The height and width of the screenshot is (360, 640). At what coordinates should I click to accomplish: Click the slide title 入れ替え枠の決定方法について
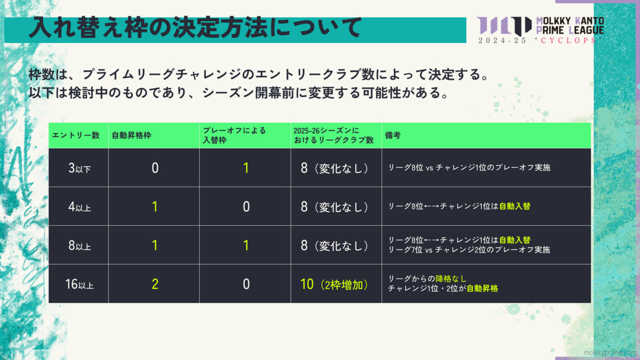tap(195, 28)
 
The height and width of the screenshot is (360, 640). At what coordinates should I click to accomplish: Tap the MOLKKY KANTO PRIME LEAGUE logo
tap(540, 30)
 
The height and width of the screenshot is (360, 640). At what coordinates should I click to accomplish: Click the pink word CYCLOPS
tap(569, 41)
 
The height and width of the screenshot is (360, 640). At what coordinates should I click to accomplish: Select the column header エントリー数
tap(76, 135)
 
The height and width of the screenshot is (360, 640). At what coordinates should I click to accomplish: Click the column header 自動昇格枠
tap(131, 135)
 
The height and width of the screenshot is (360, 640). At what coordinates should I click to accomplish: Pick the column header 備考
tap(393, 135)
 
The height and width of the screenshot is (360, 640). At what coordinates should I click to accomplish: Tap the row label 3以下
tap(79, 168)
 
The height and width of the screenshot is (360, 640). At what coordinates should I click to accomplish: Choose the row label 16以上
tap(79, 284)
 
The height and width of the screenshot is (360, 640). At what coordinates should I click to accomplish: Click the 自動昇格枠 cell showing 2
tap(155, 284)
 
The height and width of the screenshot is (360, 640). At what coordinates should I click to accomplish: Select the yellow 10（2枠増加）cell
tap(334, 284)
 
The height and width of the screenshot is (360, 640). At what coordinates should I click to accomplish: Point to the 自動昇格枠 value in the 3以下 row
tap(155, 168)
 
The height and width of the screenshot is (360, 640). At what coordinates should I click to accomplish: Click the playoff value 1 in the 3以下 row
tap(246, 168)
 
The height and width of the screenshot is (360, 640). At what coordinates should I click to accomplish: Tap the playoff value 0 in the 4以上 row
tap(246, 206)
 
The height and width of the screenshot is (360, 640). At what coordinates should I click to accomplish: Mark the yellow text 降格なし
tap(451, 278)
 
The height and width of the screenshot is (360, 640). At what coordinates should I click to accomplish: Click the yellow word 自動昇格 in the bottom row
tap(482, 289)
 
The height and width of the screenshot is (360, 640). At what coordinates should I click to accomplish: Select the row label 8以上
tap(79, 245)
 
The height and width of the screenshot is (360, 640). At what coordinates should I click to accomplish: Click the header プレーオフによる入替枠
tap(234, 135)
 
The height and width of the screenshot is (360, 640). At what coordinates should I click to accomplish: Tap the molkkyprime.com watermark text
tap(610, 353)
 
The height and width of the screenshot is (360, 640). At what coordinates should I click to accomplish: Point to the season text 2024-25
tap(502, 41)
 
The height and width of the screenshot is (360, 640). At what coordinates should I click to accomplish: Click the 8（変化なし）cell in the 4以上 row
tap(334, 207)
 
